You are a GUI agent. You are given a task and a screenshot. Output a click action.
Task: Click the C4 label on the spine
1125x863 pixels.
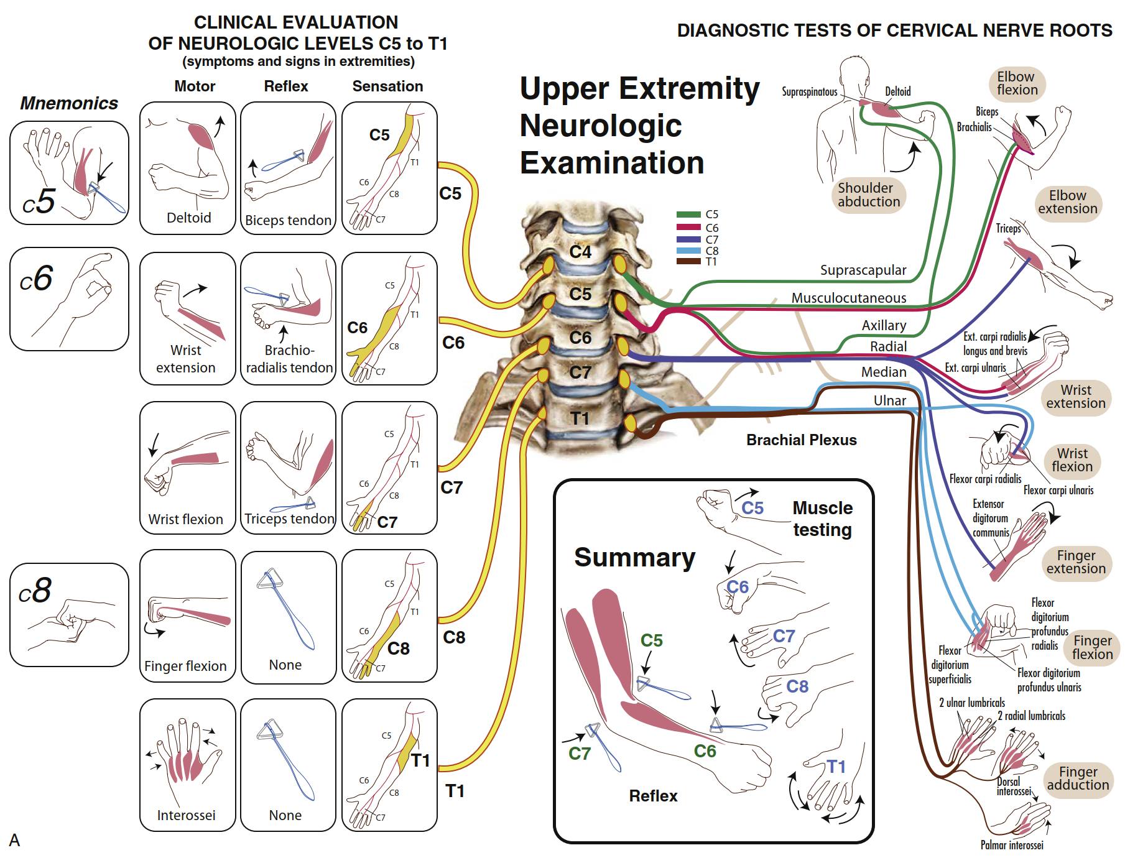click(580, 252)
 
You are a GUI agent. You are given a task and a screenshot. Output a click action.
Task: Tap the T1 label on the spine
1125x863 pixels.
click(580, 418)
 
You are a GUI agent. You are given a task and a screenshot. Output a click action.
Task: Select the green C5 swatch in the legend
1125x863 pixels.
click(688, 215)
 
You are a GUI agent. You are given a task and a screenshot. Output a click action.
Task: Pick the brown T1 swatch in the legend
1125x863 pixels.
click(688, 262)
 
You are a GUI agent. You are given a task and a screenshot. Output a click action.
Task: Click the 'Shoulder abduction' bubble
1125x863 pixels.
click(868, 195)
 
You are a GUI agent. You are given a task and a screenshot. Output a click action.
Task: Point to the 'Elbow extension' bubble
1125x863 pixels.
click(1067, 202)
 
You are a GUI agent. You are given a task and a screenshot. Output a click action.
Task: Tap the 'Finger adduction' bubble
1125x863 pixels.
click(1078, 778)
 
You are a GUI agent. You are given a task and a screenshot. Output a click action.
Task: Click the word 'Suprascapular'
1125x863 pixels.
click(863, 270)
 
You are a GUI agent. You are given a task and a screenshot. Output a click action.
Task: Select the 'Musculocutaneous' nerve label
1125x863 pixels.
click(849, 298)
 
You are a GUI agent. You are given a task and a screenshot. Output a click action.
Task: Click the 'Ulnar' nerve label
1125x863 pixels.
click(890, 401)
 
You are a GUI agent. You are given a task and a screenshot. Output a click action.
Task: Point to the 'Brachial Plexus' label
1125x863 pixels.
click(802, 440)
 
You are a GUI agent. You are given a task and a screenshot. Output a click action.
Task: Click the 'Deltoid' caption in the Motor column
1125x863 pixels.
click(189, 218)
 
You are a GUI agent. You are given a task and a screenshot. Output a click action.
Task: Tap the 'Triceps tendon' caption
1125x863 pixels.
click(289, 519)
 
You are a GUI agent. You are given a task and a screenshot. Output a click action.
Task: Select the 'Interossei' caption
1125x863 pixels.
click(186, 815)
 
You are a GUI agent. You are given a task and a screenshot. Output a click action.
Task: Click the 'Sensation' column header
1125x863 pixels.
click(387, 86)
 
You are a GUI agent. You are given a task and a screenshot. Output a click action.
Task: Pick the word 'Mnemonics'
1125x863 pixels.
click(69, 103)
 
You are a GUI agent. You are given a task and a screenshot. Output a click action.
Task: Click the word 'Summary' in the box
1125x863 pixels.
click(634, 558)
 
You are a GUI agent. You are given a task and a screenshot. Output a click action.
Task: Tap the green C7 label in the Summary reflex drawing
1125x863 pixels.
click(580, 754)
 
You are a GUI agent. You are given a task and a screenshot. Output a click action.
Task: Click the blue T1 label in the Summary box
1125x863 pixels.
click(836, 767)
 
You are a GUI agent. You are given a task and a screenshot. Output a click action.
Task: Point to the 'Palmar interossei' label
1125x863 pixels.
click(1012, 845)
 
